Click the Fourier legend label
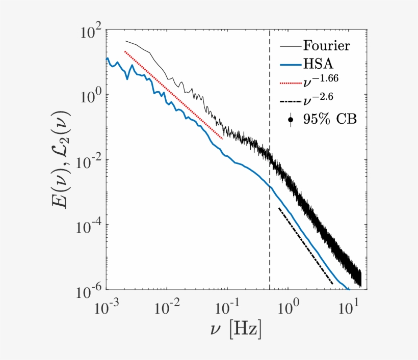pos(327,45)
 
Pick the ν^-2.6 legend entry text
pos(319,98)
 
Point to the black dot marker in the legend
pos(291,120)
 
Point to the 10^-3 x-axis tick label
pos(107,307)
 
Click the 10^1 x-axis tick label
pos(350,307)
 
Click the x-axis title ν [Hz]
pos(235,331)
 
